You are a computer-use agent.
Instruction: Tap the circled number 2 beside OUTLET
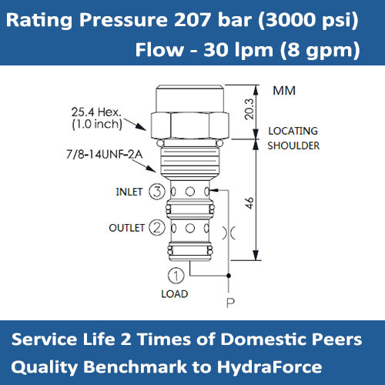[156, 226]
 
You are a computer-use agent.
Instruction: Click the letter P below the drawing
[229, 303]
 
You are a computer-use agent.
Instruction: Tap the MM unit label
[284, 91]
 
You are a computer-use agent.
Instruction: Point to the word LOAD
[174, 293]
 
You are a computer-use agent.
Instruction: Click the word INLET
[129, 192]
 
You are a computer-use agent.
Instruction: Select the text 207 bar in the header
[212, 21]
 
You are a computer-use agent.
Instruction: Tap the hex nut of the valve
[188, 122]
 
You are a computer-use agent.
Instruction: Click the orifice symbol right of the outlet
[228, 231]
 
